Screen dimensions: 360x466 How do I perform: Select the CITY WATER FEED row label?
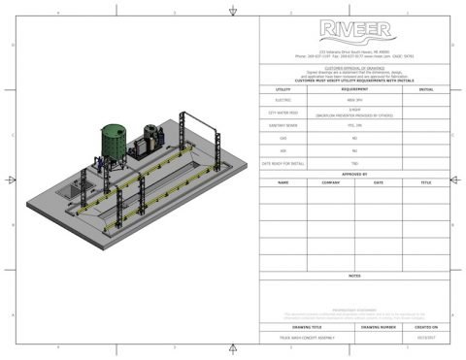pyautogui.click(x=283, y=112)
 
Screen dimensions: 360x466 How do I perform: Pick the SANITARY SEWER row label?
pyautogui.click(x=283, y=125)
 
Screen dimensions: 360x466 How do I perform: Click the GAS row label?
pyautogui.click(x=283, y=138)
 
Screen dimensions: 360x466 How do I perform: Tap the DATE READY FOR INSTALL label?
pyautogui.click(x=283, y=164)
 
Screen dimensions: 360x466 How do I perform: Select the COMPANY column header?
pyautogui.click(x=330, y=181)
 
